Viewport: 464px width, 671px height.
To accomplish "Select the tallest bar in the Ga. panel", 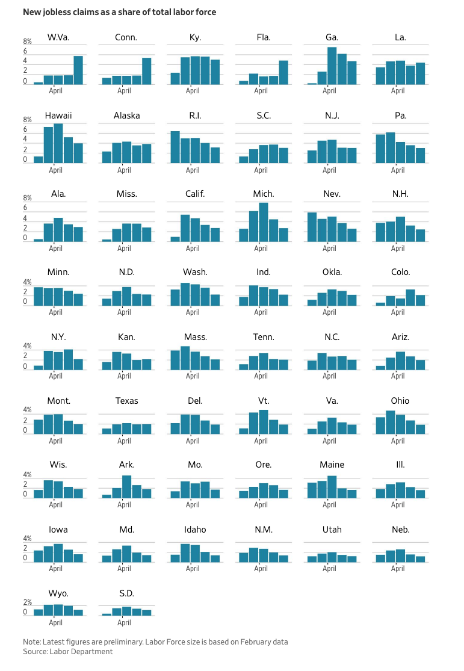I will [332, 66].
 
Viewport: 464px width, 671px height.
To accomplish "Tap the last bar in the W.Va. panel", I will [78, 70].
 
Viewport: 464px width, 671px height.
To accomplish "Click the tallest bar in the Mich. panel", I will [263, 222].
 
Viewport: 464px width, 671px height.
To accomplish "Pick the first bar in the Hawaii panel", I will [38, 159].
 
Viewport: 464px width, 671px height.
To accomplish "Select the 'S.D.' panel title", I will [126, 593].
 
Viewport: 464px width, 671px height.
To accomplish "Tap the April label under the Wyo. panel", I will [55, 623].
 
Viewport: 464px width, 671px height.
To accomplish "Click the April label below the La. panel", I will [398, 91].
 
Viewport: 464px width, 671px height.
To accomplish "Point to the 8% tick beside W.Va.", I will [27, 42].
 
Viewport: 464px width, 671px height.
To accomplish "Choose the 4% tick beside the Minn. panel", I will [27, 282].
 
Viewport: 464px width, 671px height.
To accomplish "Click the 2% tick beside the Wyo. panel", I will [27, 602].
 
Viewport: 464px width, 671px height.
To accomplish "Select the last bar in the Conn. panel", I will [147, 71].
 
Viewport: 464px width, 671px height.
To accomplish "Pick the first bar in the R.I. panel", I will [175, 147].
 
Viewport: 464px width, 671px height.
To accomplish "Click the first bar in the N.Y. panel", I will [38, 367].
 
